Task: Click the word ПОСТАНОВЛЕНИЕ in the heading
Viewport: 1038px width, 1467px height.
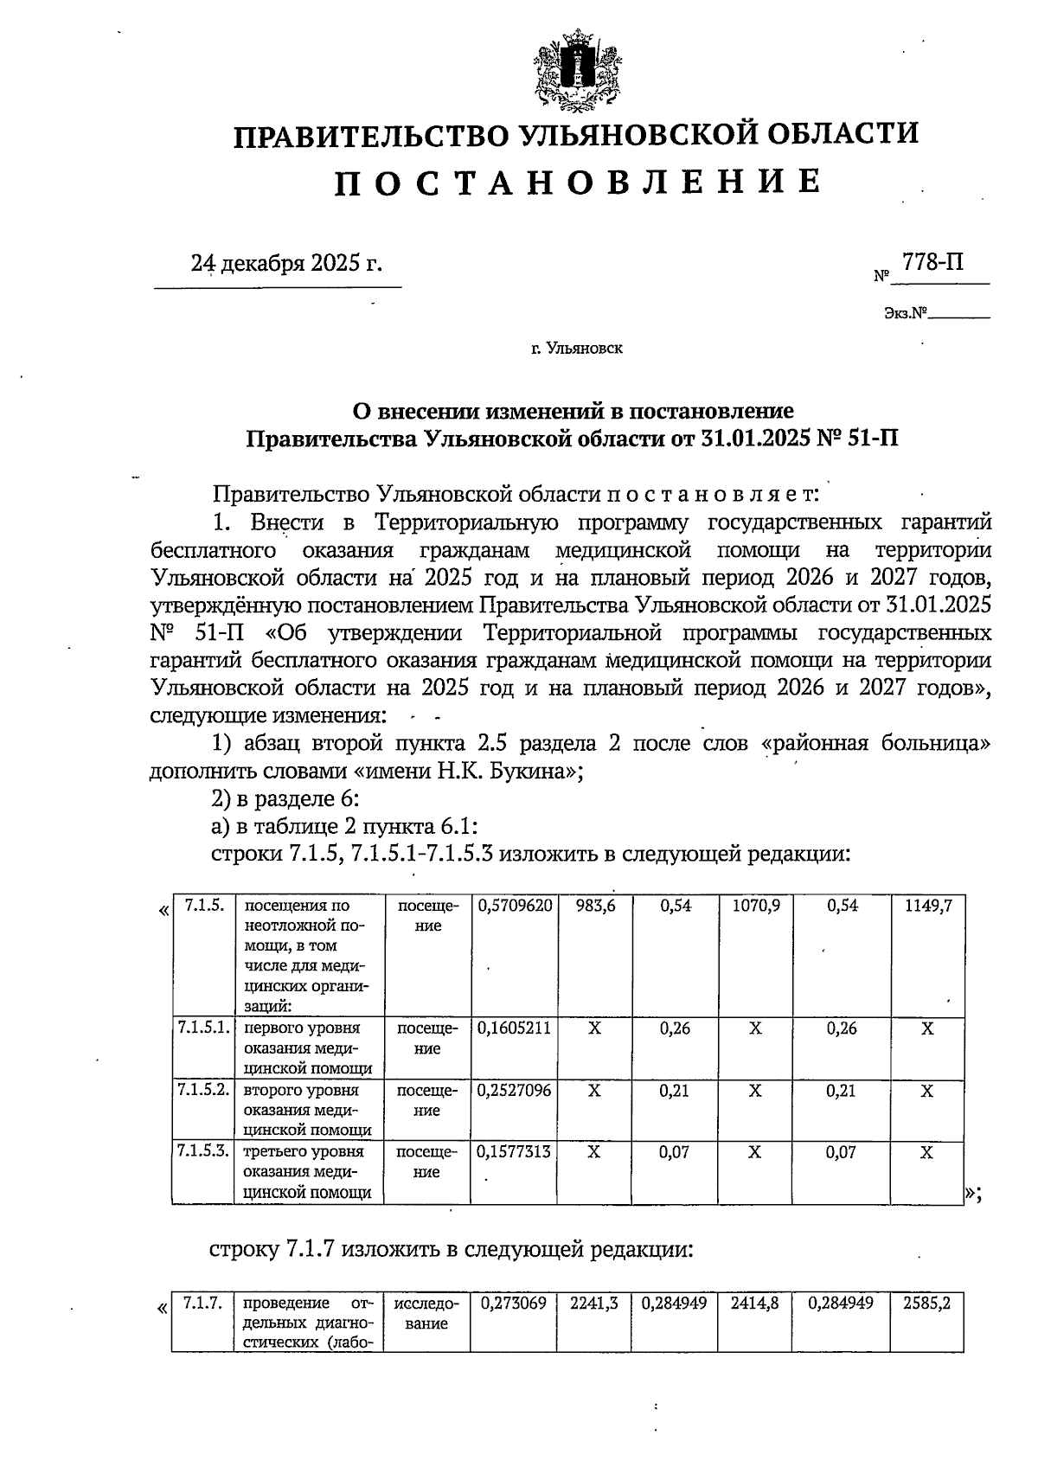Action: point(577,182)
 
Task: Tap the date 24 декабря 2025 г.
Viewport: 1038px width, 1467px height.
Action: point(285,263)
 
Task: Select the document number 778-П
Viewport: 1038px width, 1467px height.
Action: point(932,261)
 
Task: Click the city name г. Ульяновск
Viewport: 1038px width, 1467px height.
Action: point(577,349)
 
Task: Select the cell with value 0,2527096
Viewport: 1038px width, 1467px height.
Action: point(515,1091)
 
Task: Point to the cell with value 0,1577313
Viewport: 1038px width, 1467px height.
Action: point(515,1152)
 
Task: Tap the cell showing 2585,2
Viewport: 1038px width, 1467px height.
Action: point(927,1303)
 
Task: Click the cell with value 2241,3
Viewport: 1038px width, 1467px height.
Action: point(594,1303)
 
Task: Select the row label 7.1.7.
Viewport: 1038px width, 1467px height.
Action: point(204,1303)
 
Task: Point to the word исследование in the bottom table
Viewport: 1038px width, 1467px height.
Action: point(426,1313)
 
